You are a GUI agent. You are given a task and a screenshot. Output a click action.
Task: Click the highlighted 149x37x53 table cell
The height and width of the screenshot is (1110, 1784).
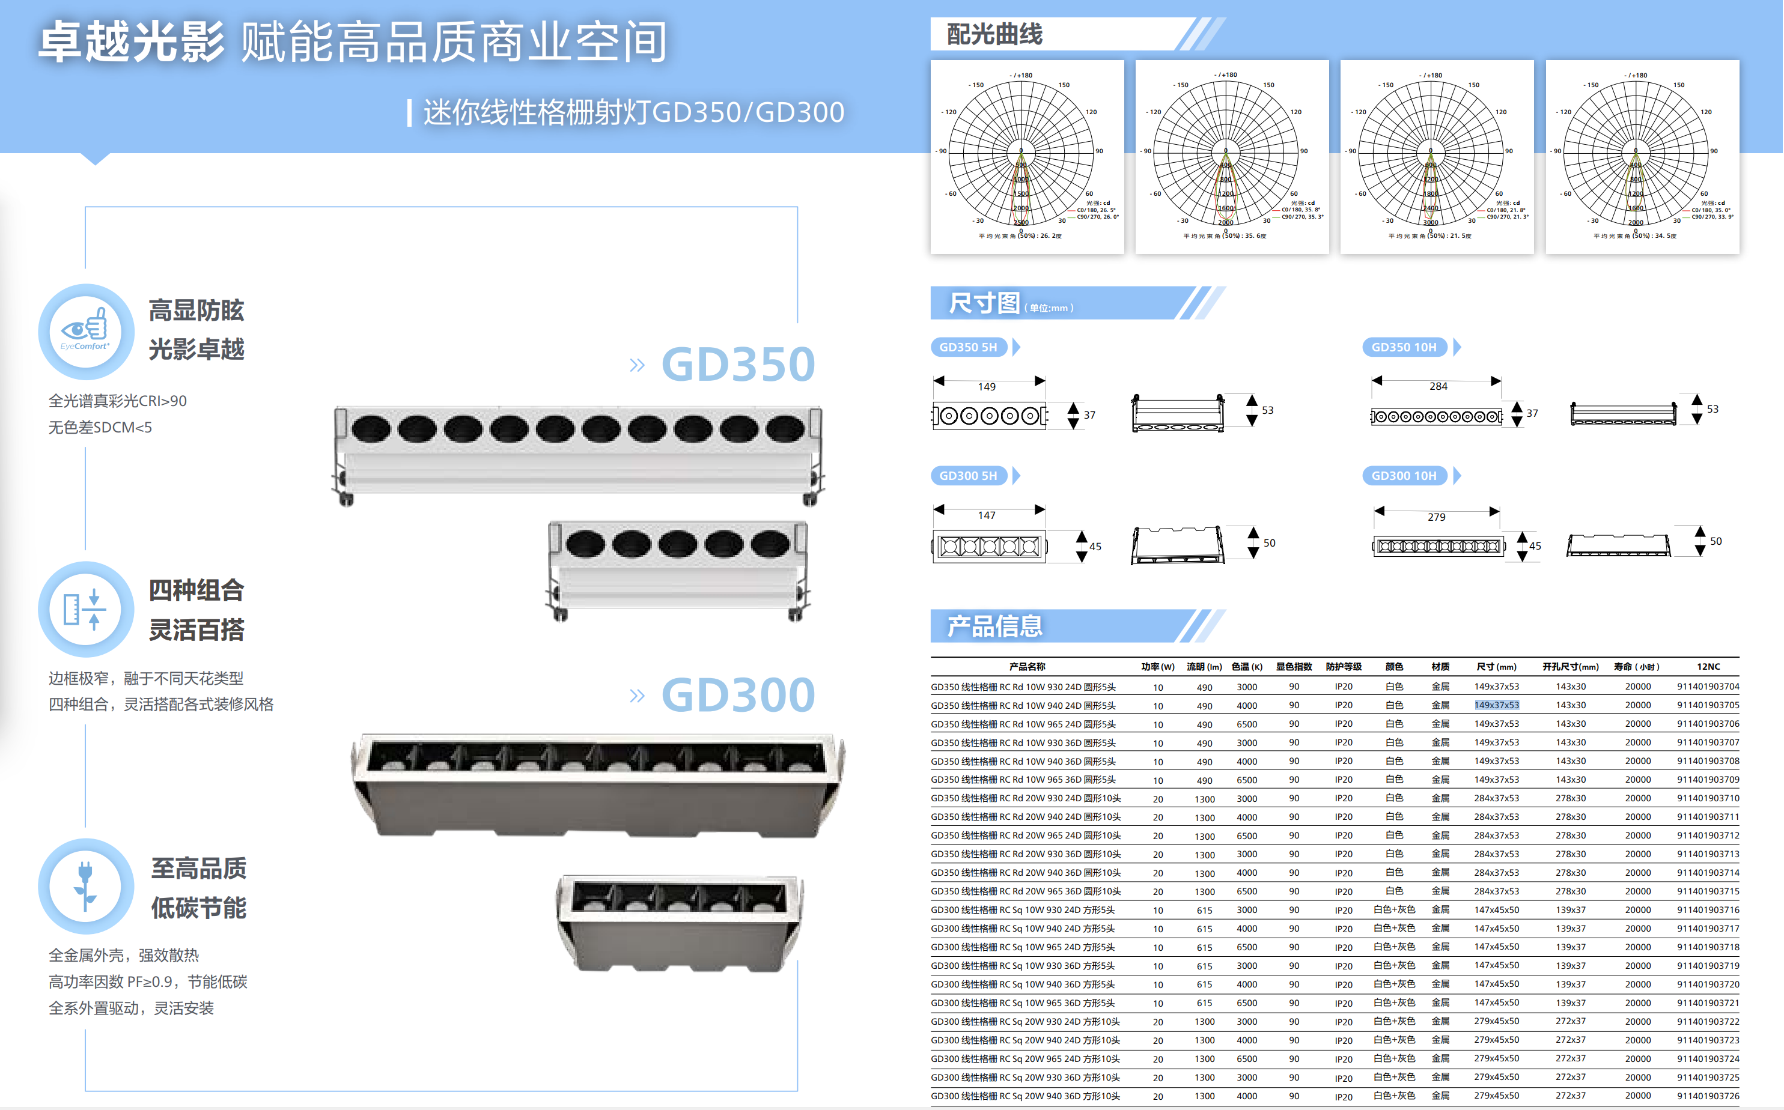(x=1496, y=705)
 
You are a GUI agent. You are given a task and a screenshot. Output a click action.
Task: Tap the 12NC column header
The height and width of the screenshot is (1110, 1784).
(x=1708, y=667)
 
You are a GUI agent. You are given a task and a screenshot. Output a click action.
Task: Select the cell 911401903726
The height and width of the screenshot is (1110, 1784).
(x=1708, y=1096)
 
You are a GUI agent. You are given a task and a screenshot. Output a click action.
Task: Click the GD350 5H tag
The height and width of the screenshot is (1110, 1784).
(x=968, y=347)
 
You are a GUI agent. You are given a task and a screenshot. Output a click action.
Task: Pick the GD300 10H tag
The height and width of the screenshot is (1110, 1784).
(x=1404, y=476)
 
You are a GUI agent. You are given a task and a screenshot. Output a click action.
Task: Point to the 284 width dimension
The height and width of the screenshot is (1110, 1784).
(x=1438, y=386)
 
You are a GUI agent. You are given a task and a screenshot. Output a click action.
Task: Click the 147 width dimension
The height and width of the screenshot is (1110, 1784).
(x=987, y=515)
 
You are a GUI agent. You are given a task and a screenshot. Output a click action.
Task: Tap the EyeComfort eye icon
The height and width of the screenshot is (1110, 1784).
(x=86, y=331)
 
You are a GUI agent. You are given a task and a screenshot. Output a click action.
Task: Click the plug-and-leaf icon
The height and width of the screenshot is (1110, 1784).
(x=86, y=885)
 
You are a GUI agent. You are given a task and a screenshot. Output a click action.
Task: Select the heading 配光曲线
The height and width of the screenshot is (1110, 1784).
(x=994, y=34)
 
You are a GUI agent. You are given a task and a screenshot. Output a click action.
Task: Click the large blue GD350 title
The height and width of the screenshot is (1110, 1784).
(x=738, y=364)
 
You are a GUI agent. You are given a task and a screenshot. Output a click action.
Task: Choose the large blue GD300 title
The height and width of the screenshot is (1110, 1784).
(x=738, y=694)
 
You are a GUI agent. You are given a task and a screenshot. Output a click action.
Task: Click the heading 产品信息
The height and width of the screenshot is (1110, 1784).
(x=994, y=626)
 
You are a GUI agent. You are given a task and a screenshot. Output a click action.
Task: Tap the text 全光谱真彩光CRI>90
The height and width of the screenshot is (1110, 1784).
(x=118, y=401)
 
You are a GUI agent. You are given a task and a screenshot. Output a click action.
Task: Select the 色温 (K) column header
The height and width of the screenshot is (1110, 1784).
(x=1246, y=667)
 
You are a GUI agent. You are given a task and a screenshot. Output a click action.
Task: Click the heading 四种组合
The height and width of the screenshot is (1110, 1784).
(x=196, y=590)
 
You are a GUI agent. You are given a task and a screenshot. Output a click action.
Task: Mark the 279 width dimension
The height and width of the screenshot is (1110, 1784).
(x=1436, y=517)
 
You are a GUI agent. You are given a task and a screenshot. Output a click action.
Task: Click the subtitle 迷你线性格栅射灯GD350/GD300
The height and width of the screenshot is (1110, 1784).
(x=633, y=112)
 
